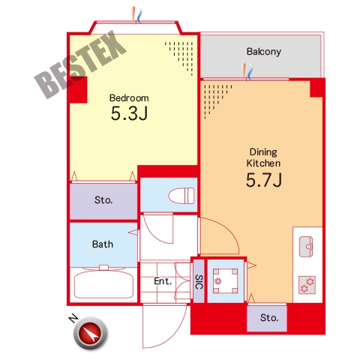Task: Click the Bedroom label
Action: (129, 98)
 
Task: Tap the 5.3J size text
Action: (129, 113)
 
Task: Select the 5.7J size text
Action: (264, 180)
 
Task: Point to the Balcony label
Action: (264, 52)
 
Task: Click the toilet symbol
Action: (181, 196)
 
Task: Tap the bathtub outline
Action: (103, 284)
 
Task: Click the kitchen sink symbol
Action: (306, 247)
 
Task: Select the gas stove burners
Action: (307, 285)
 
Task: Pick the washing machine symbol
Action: (225, 280)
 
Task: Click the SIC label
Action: (199, 282)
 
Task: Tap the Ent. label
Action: (163, 281)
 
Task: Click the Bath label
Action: (103, 244)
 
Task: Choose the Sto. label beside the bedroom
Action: (103, 200)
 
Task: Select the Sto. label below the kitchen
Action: (269, 318)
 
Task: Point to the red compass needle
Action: (90, 333)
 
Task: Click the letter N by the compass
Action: (73, 318)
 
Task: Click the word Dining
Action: (263, 152)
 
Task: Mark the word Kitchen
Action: (263, 163)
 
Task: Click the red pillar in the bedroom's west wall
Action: (78, 90)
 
